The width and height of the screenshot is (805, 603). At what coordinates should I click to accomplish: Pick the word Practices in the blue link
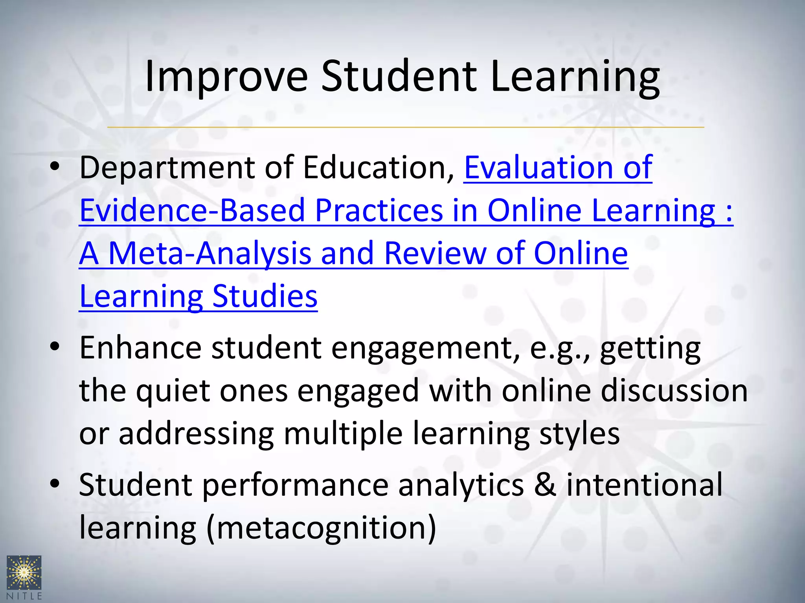click(x=379, y=210)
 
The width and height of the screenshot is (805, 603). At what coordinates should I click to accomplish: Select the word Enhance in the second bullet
click(x=140, y=348)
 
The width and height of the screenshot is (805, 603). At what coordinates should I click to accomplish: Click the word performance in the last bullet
click(x=295, y=485)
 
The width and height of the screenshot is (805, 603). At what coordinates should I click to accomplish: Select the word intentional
click(x=644, y=485)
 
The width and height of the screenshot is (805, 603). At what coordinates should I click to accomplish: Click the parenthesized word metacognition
click(x=321, y=528)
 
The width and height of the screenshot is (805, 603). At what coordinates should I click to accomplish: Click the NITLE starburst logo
click(x=24, y=573)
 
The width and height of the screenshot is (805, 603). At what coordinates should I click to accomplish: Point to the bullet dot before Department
click(x=55, y=167)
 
